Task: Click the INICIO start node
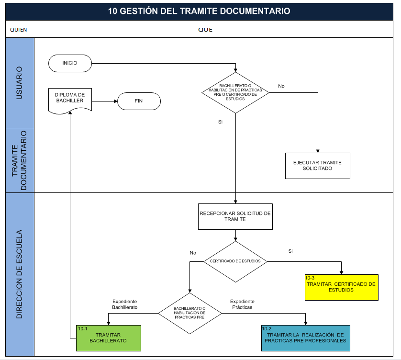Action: (x=70, y=63)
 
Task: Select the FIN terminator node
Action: (x=139, y=101)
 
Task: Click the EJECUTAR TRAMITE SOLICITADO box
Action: (x=317, y=166)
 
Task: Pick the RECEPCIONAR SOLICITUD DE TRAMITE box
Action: (x=235, y=216)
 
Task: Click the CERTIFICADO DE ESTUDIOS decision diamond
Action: (x=235, y=261)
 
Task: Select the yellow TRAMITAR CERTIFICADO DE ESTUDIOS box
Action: (x=341, y=287)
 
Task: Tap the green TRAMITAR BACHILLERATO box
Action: (x=109, y=338)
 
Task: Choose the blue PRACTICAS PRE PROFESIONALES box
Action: (x=305, y=338)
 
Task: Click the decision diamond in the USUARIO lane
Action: (x=235, y=93)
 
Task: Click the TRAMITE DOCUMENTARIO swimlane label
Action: (x=20, y=160)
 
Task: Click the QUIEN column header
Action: (x=19, y=30)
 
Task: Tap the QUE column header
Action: (x=205, y=30)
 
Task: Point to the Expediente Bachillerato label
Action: (x=125, y=304)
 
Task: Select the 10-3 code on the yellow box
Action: (x=310, y=278)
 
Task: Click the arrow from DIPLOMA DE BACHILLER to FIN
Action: (x=104, y=101)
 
